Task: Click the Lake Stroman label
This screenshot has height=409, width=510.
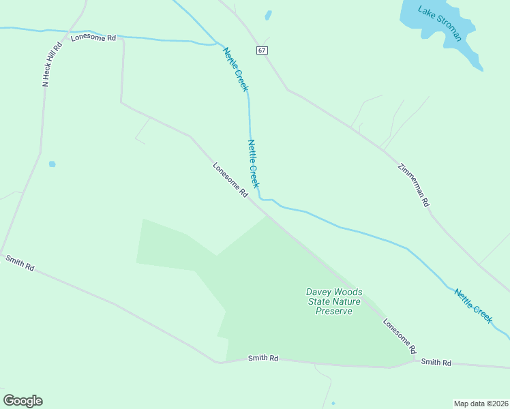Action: click(440, 23)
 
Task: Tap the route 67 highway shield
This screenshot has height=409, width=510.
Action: click(262, 50)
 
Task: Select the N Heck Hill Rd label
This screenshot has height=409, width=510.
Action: click(52, 64)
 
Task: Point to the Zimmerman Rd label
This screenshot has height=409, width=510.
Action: click(414, 185)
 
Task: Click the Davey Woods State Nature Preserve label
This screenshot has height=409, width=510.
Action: click(334, 301)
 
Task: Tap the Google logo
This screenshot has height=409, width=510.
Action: click(22, 401)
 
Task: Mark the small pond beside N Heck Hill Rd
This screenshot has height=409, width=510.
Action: click(52, 164)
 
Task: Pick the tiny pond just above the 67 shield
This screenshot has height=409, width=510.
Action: click(268, 15)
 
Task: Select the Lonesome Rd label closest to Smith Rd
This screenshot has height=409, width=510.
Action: click(400, 335)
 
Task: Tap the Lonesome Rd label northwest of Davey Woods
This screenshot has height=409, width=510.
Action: click(230, 180)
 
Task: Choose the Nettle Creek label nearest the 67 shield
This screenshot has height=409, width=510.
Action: click(236, 69)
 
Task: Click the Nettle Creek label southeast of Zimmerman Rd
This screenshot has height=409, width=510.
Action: click(473, 305)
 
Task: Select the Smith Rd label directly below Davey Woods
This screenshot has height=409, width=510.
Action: click(263, 358)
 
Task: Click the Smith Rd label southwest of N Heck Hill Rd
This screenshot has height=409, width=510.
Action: click(20, 262)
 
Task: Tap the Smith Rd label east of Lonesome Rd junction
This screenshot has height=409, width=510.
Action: click(436, 363)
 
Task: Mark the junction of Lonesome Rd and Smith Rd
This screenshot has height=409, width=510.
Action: click(413, 359)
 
